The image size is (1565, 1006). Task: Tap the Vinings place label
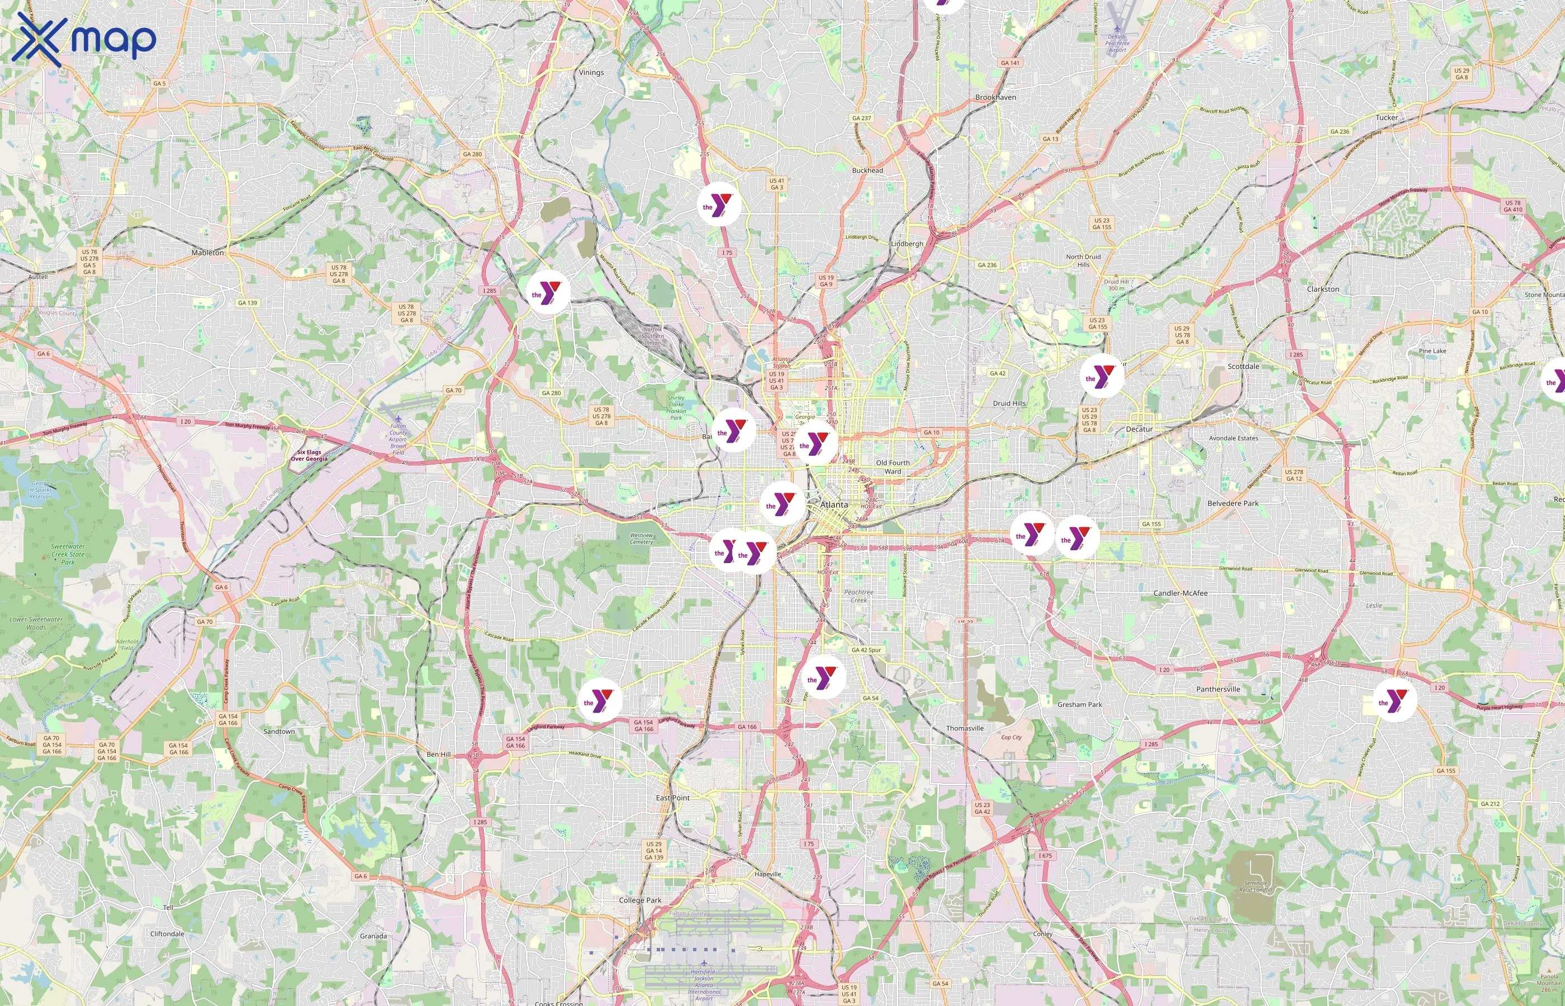(591, 73)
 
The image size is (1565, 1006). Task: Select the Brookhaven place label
(995, 97)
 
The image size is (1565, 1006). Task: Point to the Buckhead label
(867, 170)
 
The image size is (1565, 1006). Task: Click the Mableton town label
(208, 253)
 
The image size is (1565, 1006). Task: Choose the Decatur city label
(1139, 429)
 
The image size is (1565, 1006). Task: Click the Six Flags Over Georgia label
(309, 455)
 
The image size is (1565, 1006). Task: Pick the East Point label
(673, 798)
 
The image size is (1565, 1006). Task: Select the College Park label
(640, 900)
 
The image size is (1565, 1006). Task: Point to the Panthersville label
(1218, 689)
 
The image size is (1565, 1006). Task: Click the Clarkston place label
(1322, 289)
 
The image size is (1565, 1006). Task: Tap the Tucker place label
(1387, 117)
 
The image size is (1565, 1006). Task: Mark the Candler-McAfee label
(1180, 593)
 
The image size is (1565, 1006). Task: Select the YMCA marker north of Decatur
(1102, 376)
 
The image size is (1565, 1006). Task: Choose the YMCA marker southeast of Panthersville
(1395, 700)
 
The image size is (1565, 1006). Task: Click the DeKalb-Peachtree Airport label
(1117, 42)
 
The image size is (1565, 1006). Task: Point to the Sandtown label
(279, 732)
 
